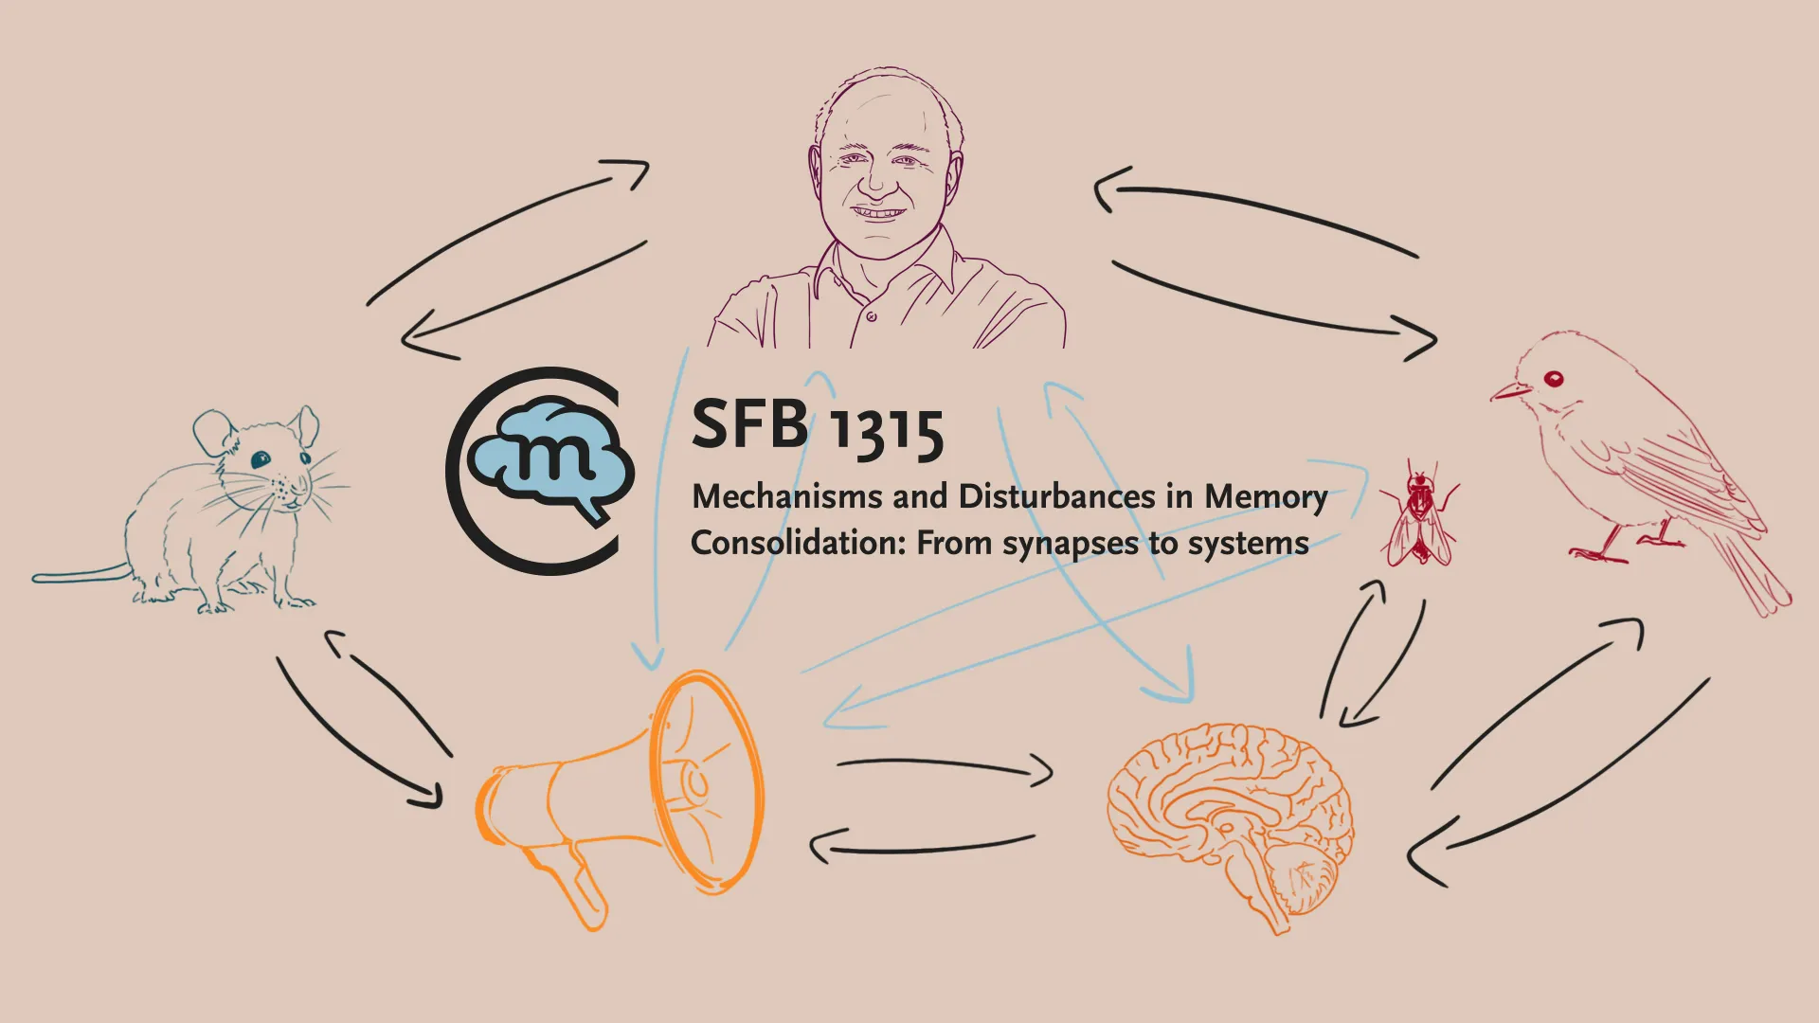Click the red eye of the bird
(x=1554, y=380)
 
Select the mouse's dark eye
(x=261, y=459)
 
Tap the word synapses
(x=1071, y=545)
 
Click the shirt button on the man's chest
(x=872, y=316)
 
